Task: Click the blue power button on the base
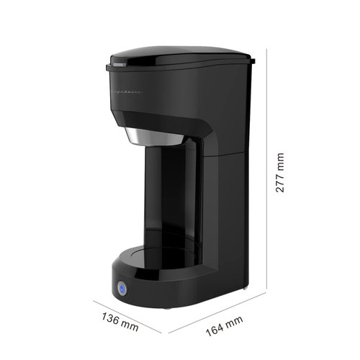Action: click(121, 289)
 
